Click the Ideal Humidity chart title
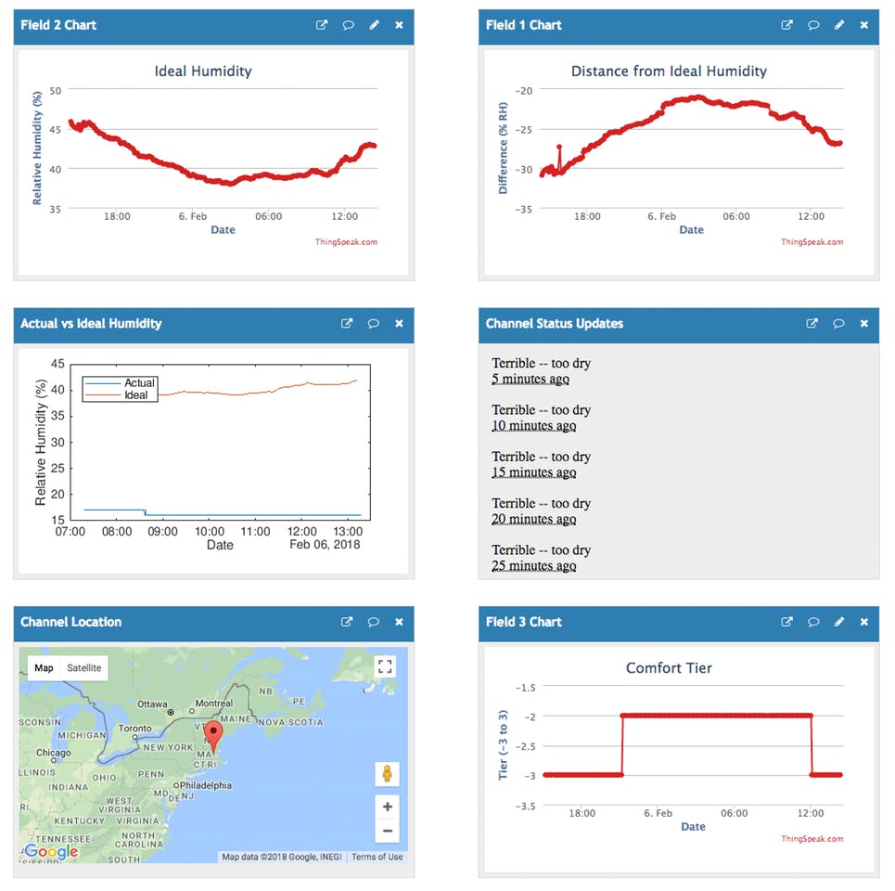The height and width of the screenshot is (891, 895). click(202, 71)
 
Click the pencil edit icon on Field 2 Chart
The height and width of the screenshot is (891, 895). click(375, 25)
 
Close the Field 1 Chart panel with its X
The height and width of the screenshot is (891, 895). click(864, 25)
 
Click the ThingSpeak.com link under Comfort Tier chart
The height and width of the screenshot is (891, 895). click(812, 838)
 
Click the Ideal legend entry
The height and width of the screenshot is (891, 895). click(135, 395)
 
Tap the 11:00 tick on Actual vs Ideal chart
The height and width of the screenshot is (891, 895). click(255, 532)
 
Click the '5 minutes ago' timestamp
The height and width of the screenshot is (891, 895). click(531, 379)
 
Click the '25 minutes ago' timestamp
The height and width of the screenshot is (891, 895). click(533, 565)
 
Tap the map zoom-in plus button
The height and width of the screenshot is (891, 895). click(388, 806)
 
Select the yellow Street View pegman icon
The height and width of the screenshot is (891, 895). click(387, 773)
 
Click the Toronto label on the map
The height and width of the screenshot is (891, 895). click(134, 729)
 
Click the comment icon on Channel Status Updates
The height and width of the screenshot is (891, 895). click(838, 324)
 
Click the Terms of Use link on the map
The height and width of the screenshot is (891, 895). click(377, 857)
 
